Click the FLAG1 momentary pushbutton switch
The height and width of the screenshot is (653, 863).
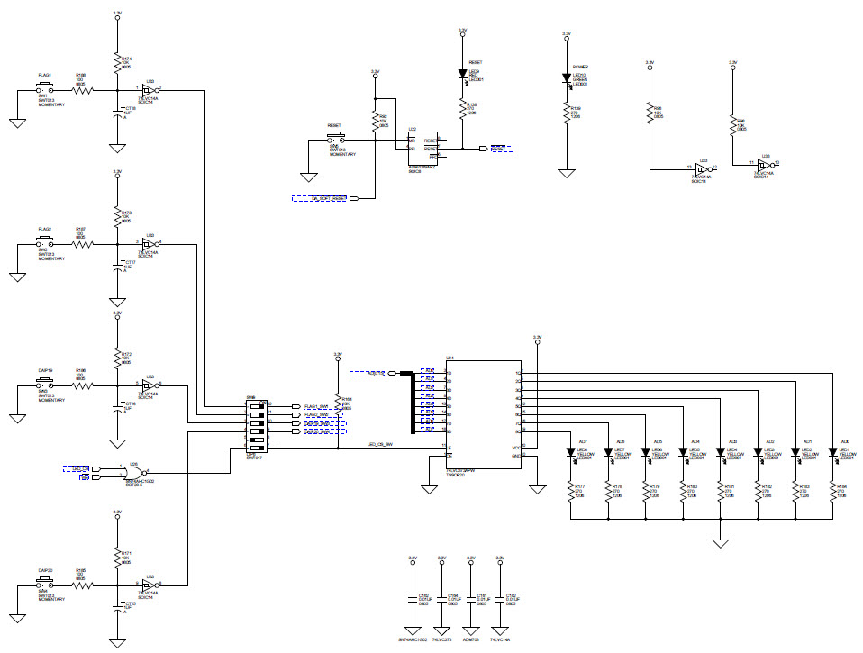point(43,88)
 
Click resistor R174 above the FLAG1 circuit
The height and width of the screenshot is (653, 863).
point(116,62)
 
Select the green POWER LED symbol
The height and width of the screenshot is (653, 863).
point(567,77)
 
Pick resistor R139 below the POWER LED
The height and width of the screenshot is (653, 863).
point(567,111)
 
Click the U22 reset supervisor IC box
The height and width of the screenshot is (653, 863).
point(423,149)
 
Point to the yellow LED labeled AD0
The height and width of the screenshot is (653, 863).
point(832,452)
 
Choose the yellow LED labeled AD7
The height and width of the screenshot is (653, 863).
point(570,452)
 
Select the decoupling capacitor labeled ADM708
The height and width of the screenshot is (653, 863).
point(470,598)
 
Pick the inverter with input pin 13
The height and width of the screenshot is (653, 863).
point(699,168)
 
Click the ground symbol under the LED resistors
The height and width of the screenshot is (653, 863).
point(719,542)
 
